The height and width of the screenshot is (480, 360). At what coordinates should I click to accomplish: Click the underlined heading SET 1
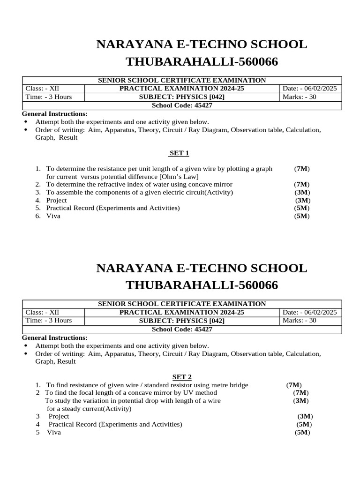click(179, 153)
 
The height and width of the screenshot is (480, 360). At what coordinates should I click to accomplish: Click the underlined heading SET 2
click(179, 377)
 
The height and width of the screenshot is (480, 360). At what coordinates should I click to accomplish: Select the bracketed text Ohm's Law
click(179, 177)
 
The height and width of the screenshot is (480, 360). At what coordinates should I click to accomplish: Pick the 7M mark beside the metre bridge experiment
click(294, 385)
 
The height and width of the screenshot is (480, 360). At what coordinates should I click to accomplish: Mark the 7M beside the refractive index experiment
click(302, 185)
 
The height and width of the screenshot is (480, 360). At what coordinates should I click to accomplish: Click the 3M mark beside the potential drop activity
click(301, 401)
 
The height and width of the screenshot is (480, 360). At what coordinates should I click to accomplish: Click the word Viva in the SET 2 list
click(54, 432)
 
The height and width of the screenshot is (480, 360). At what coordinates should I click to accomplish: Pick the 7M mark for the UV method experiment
click(301, 392)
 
